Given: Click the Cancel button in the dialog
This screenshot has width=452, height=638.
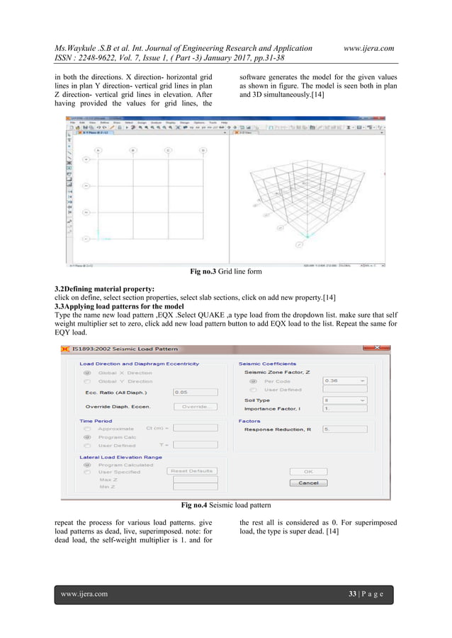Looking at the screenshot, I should coord(308,483).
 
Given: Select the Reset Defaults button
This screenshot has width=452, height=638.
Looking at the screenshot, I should coord(192,470).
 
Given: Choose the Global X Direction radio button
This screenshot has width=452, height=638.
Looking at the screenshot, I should coord(87,372).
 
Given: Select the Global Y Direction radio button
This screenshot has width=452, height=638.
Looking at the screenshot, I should coord(87,381).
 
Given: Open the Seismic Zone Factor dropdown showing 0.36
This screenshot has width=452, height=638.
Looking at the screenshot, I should coord(344,381).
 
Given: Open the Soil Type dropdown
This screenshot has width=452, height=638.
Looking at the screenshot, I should coord(344,400).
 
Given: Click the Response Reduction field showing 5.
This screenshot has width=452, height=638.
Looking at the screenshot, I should coord(344,429).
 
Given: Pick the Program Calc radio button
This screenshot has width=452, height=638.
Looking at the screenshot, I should coord(87,436).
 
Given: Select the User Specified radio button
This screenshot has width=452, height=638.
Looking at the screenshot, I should coord(87,471).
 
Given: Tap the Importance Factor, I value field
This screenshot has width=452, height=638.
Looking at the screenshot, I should coord(344,409).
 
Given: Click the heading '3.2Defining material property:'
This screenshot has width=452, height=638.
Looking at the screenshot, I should coord(104,290).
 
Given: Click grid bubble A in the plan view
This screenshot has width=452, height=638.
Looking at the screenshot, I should coord(98,150).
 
